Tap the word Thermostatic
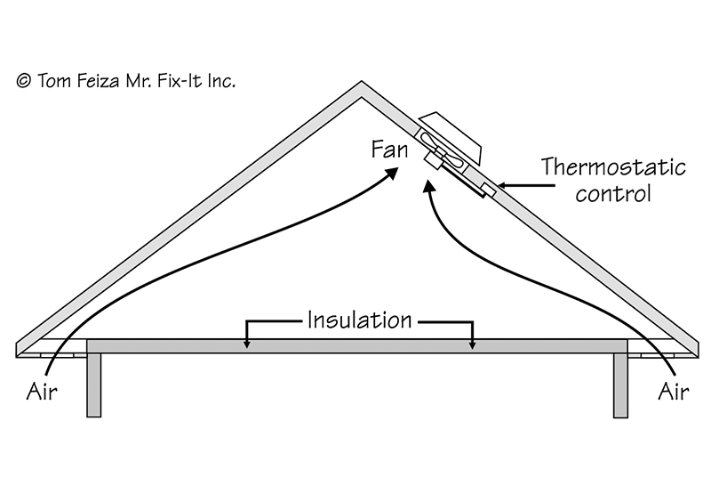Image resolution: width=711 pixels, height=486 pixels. click(x=613, y=167)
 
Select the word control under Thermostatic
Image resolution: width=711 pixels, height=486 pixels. click(x=613, y=193)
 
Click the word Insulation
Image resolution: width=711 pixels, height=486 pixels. click(x=360, y=320)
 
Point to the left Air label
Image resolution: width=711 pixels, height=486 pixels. click(x=43, y=391)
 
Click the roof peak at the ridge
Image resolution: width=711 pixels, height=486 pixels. click(x=359, y=85)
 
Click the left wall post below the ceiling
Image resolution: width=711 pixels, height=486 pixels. click(x=93, y=383)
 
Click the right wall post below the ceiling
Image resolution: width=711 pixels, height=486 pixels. click(x=621, y=383)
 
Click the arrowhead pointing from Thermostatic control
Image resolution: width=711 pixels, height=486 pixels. click(x=499, y=185)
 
